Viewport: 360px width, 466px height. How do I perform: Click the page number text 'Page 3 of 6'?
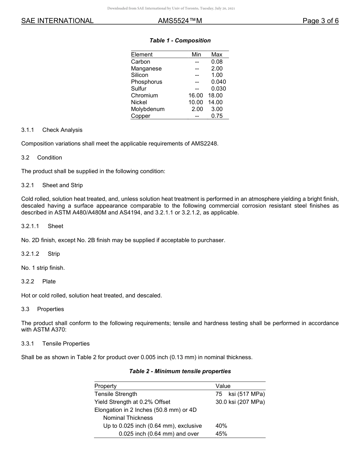point(321,21)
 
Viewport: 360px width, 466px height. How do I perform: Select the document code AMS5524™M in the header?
point(180,21)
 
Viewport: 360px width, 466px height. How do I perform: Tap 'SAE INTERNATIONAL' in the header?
point(57,21)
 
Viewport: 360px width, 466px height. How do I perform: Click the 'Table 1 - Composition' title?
point(180,41)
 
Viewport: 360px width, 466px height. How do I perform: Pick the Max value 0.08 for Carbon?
point(217,62)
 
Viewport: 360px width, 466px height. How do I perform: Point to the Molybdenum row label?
point(148,109)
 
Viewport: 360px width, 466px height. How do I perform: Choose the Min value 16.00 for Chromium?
point(196,95)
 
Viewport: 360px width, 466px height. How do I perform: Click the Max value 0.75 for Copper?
point(217,116)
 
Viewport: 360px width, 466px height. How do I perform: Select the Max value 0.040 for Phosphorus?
point(219,82)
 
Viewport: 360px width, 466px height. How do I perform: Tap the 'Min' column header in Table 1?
point(196,55)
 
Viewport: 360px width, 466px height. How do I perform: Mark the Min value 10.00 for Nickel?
point(196,102)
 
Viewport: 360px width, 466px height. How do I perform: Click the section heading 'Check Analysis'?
point(62,130)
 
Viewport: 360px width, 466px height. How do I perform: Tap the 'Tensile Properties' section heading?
point(66,344)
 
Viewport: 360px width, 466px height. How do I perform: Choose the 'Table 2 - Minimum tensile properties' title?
point(180,371)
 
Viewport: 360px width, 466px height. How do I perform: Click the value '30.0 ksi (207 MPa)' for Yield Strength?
point(240,402)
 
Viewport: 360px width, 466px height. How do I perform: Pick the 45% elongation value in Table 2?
point(221,434)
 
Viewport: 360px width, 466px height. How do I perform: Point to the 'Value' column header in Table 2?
point(223,386)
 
